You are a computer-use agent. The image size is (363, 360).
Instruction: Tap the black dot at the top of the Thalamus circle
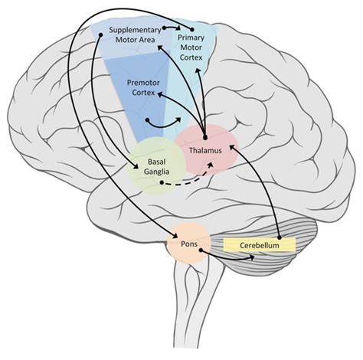coord(204,136)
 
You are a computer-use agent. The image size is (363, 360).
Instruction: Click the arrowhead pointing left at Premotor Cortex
coord(159,93)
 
